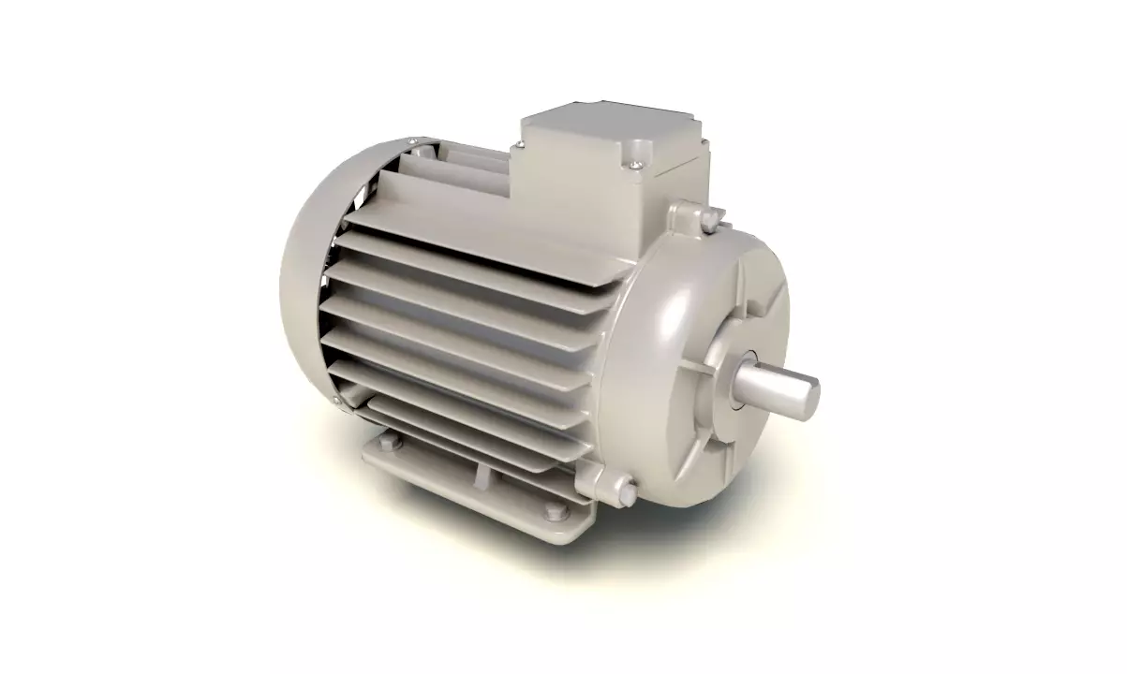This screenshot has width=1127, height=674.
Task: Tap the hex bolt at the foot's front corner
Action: [553, 511]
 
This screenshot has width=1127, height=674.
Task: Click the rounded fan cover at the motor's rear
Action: [309, 281]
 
